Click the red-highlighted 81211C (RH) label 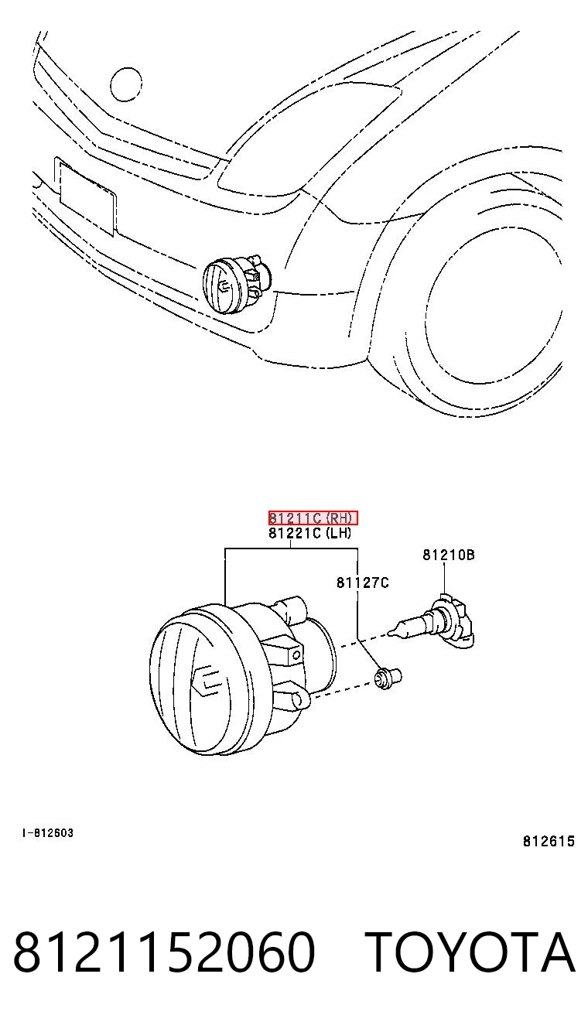313,518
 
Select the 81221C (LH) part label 309,533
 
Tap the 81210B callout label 449,555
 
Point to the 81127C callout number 363,583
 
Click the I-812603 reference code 48,833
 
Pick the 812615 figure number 549,842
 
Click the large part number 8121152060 164,952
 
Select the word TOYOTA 471,952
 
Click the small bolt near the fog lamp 386,678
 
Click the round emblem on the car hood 125,84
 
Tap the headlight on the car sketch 309,138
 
